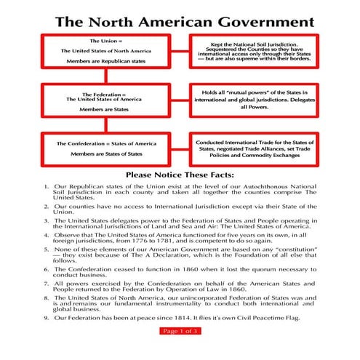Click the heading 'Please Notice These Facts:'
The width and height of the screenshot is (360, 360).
[x=180, y=175]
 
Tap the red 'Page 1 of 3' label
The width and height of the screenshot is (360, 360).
[x=180, y=331]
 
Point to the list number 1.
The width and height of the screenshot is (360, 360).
[x=47, y=186]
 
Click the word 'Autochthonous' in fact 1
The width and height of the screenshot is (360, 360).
[x=252, y=186]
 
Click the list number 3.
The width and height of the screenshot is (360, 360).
[x=47, y=220]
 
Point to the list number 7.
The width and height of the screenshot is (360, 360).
[x=47, y=284]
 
